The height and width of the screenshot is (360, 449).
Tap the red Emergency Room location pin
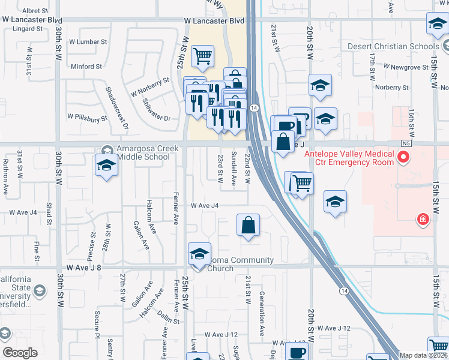coord(403,158)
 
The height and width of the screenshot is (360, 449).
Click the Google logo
coord(20,353)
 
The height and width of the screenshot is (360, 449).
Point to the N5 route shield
coord(408,144)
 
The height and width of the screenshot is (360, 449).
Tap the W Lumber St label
coord(88,42)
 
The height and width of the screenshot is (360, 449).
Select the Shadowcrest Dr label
coord(118,108)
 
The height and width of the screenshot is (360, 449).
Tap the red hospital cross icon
coord(424,220)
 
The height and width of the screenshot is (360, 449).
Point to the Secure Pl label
coord(96,323)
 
